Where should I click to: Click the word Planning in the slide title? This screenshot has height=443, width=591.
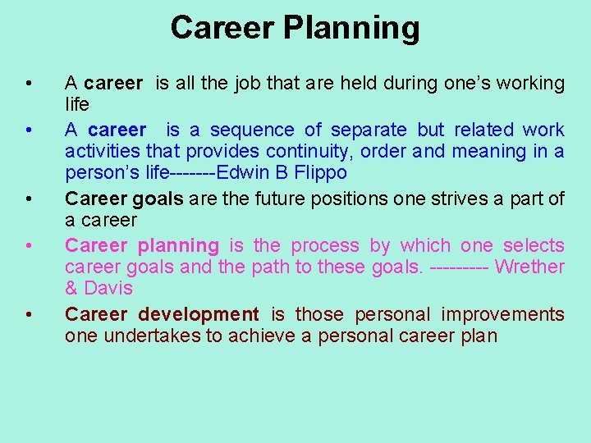coord(351,28)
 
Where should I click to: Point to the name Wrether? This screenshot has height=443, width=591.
coord(530,267)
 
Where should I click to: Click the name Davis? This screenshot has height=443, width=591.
coord(108,289)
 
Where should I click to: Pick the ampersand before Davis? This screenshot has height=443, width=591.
coord(71,289)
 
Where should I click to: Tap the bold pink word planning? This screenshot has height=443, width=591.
coord(178,246)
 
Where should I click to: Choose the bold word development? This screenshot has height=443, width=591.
coord(198,315)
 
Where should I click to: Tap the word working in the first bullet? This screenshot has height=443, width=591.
coord(531,83)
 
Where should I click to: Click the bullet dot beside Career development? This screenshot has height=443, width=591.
coord(29,316)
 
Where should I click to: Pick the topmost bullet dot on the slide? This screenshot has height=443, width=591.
coord(29,84)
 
